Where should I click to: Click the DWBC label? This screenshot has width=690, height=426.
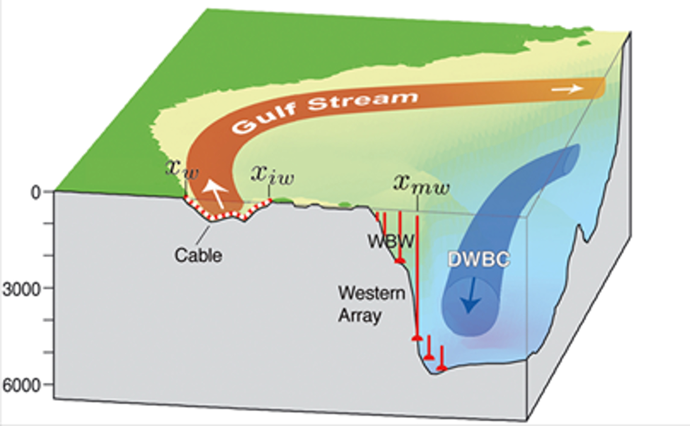pos(479,260)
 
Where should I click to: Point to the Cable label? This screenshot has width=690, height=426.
pos(198,255)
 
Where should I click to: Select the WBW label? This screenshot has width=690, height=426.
pos(391,241)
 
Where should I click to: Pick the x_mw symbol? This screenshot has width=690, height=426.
pos(421,184)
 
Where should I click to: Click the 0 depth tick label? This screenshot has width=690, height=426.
pos(36,192)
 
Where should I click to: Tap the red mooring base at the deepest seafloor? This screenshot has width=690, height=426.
pos(441,367)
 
